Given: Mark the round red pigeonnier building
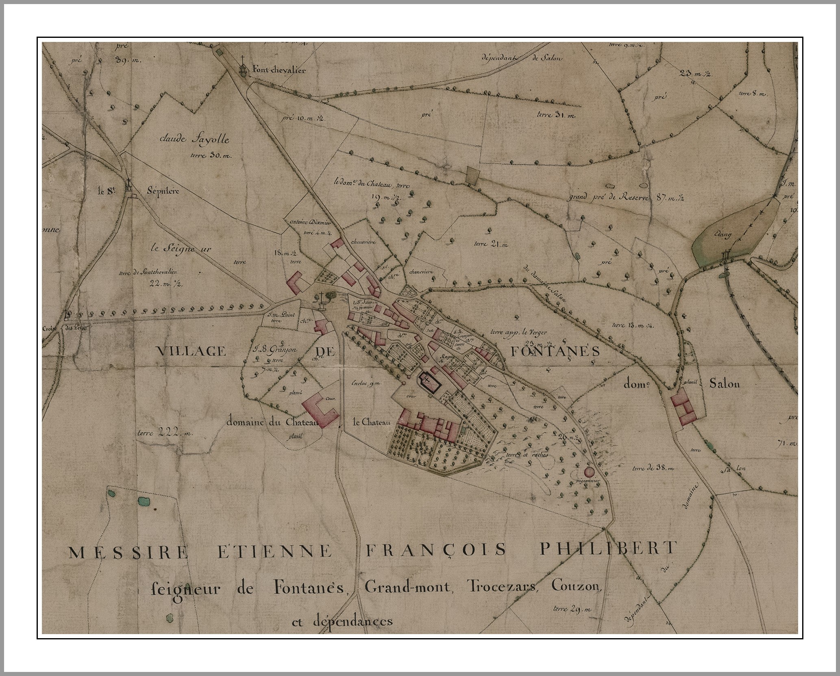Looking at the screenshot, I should click(x=589, y=472).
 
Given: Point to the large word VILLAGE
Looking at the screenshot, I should click(x=191, y=351).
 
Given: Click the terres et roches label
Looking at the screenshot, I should click(x=527, y=455).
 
